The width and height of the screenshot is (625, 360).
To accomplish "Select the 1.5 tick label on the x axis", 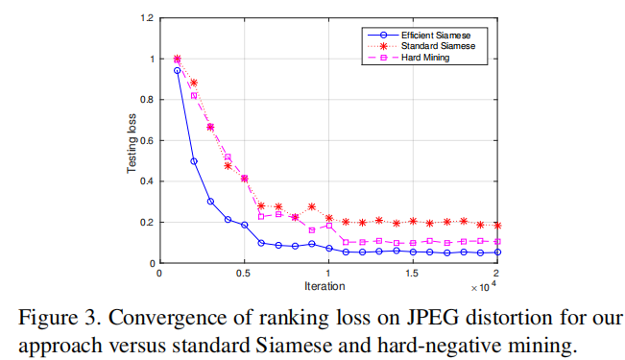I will point(413,274).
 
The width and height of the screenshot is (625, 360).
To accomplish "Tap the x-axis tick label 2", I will point(497,274).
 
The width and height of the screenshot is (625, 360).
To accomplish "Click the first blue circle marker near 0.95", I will point(177,70).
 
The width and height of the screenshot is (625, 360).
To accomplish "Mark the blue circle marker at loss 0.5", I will point(194,161).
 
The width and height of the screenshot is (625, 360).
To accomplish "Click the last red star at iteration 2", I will point(497,226).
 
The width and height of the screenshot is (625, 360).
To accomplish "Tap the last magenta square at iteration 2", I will point(497,242).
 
